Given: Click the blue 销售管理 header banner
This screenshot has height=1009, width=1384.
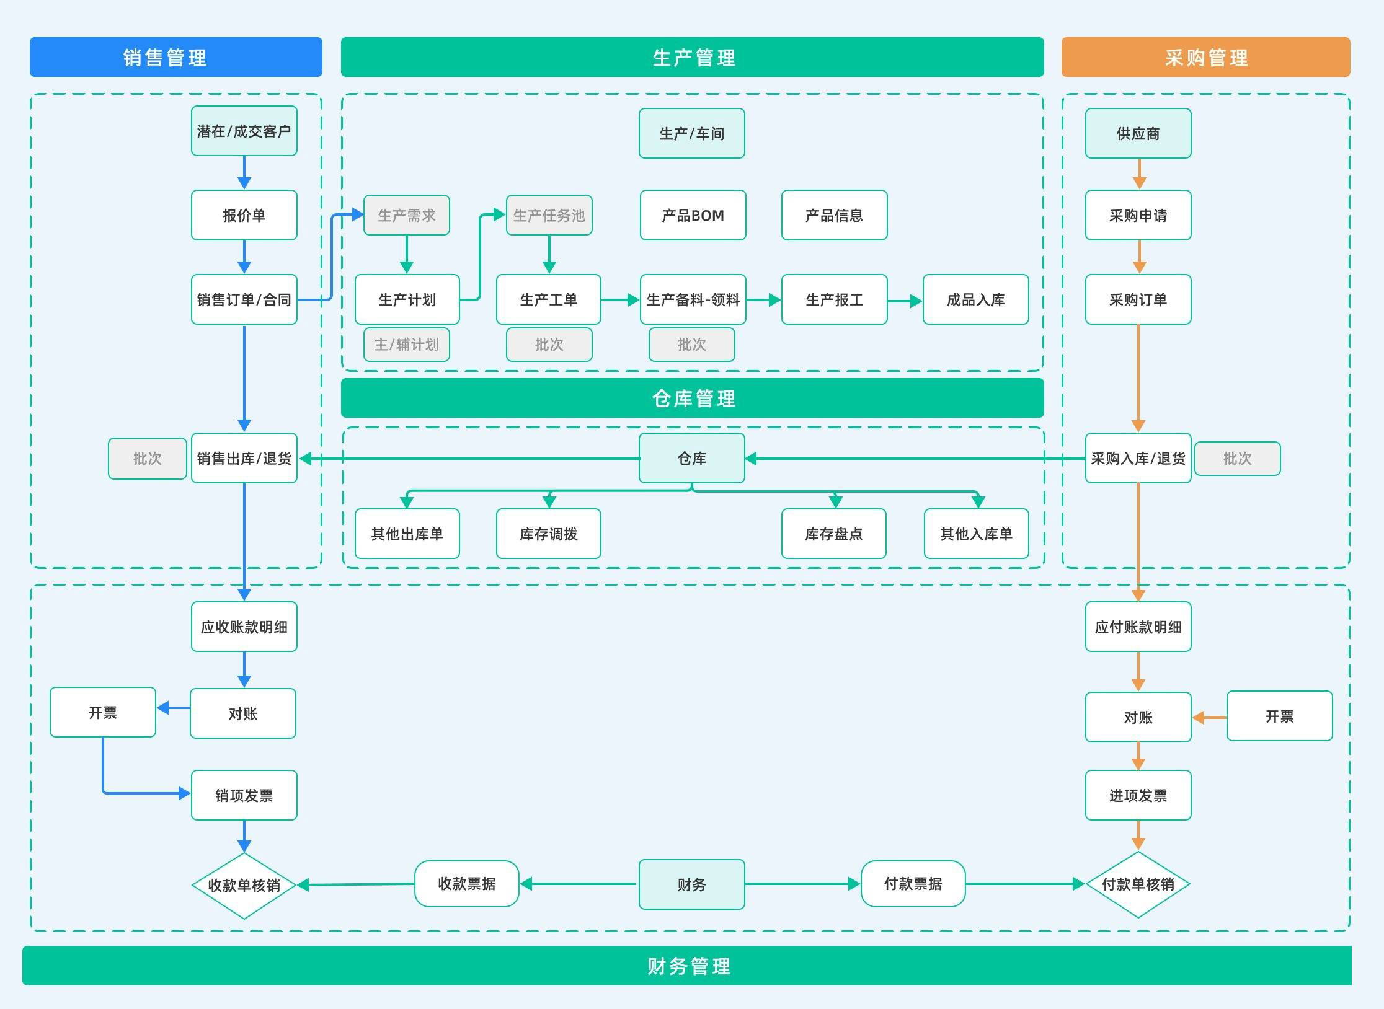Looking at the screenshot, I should tap(175, 57).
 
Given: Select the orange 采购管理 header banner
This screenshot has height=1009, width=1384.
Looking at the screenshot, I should tap(1205, 57).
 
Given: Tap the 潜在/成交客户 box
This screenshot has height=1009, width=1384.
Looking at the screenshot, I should tap(244, 131).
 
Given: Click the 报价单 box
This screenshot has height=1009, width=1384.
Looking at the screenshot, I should tap(244, 215).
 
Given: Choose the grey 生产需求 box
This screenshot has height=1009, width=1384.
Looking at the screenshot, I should tap(406, 215).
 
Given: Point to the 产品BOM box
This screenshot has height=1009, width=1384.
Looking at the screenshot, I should tap(693, 215).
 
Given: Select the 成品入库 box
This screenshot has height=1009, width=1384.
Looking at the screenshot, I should tap(975, 299).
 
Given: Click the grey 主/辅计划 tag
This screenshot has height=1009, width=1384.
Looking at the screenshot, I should tap(406, 345).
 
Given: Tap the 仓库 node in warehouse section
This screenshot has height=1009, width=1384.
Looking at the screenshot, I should tap(691, 458).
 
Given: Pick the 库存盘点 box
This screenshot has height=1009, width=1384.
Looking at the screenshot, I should tap(833, 534).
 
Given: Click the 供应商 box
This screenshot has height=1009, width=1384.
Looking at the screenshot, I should tap(1138, 133).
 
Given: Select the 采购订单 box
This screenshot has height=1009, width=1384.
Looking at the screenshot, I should tap(1138, 299).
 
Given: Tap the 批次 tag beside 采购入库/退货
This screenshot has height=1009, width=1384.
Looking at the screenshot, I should tap(1237, 459).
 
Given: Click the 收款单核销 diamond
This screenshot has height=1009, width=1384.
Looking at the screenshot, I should tap(244, 885).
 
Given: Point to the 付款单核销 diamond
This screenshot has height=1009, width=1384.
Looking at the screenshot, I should tap(1138, 884).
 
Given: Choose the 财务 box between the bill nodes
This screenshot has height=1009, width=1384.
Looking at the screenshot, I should tap(691, 884).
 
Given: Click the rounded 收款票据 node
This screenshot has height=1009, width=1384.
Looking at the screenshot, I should tap(466, 884).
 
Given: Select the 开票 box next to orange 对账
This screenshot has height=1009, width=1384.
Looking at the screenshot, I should tap(1279, 716).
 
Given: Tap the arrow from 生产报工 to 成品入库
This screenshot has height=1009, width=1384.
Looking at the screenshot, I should tap(905, 301).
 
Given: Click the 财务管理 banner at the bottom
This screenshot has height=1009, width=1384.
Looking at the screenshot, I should tap(687, 966).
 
